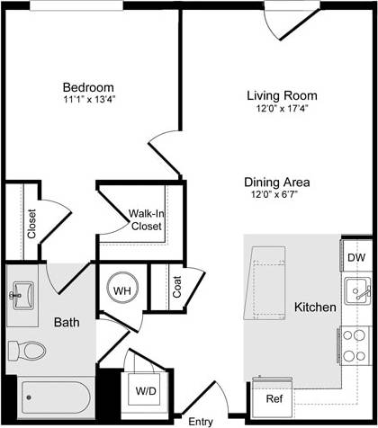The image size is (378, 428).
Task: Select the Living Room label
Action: pyautogui.click(x=282, y=95)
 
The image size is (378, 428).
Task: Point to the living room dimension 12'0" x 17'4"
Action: pyautogui.click(x=282, y=109)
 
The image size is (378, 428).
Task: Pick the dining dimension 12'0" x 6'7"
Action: pyautogui.click(x=280, y=193)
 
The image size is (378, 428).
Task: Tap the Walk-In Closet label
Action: pyautogui.click(x=145, y=220)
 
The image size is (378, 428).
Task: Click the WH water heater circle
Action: pyautogui.click(x=122, y=290)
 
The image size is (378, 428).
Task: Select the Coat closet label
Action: pyautogui.click(x=177, y=287)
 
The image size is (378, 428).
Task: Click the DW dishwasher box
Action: pyautogui.click(x=356, y=257)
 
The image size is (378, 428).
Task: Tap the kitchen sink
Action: pyautogui.click(x=356, y=290)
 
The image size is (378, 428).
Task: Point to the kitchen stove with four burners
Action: pyautogui.click(x=354, y=346)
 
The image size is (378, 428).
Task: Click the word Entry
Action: pyautogui.click(x=201, y=420)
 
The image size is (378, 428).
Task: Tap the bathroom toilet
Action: pyautogui.click(x=31, y=350)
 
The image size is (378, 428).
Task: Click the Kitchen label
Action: pyautogui.click(x=315, y=308)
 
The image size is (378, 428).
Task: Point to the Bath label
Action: pyautogui.click(x=66, y=322)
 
